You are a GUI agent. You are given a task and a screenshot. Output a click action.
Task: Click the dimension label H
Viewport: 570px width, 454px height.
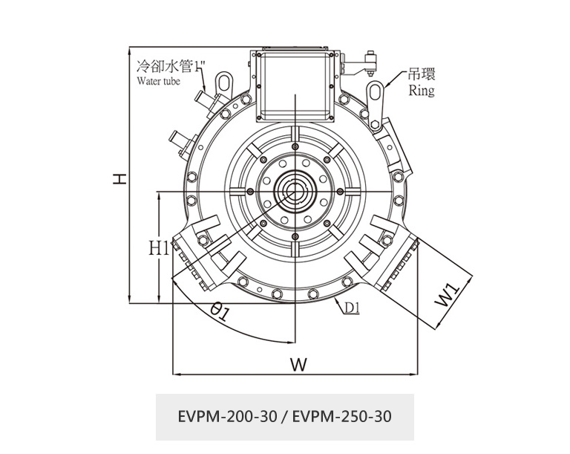(118, 178)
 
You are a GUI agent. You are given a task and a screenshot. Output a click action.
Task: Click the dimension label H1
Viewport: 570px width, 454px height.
(158, 248)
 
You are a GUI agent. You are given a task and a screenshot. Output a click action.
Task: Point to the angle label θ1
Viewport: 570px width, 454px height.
(220, 312)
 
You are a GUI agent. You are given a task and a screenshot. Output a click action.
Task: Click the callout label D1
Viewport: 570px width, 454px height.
(352, 308)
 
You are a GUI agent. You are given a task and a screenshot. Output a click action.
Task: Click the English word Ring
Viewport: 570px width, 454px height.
(422, 91)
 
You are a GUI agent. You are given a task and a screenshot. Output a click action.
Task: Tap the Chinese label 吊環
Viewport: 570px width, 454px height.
(422, 75)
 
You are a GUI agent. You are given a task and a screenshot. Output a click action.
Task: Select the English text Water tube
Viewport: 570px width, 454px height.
(158, 81)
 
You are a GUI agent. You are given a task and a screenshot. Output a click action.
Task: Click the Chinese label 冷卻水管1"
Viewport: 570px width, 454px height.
(164, 67)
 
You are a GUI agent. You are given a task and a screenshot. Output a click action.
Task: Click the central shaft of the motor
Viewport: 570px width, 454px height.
(294, 191)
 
